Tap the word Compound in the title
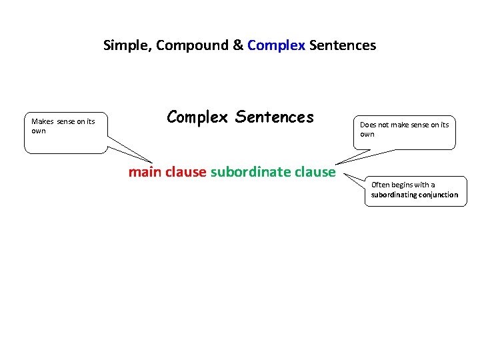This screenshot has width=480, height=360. point(183,46)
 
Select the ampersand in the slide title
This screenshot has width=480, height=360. point(237,46)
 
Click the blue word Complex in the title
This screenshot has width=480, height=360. point(276,46)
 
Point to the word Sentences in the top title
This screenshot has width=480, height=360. point(343,46)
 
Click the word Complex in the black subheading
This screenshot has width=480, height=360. point(198,117)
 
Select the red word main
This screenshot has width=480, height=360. point(145,172)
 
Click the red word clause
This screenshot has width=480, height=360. point(185,172)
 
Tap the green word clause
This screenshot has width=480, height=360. point(315,172)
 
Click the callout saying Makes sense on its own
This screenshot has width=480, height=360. point(65,132)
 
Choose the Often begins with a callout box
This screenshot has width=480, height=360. point(415,190)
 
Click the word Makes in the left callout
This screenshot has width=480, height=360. point(42,121)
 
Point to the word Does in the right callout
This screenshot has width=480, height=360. point(368,125)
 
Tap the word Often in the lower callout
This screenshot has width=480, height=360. point(381,185)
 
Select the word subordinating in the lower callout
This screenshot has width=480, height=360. point(393,195)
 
